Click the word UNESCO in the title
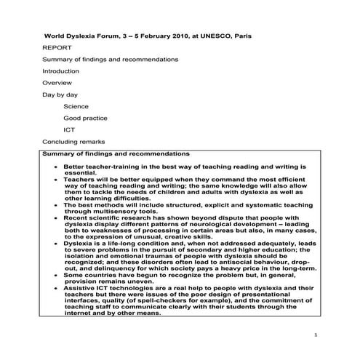tap(203, 34)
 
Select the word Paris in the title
tap(233, 34)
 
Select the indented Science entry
tap(76, 106)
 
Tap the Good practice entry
tap(85, 118)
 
